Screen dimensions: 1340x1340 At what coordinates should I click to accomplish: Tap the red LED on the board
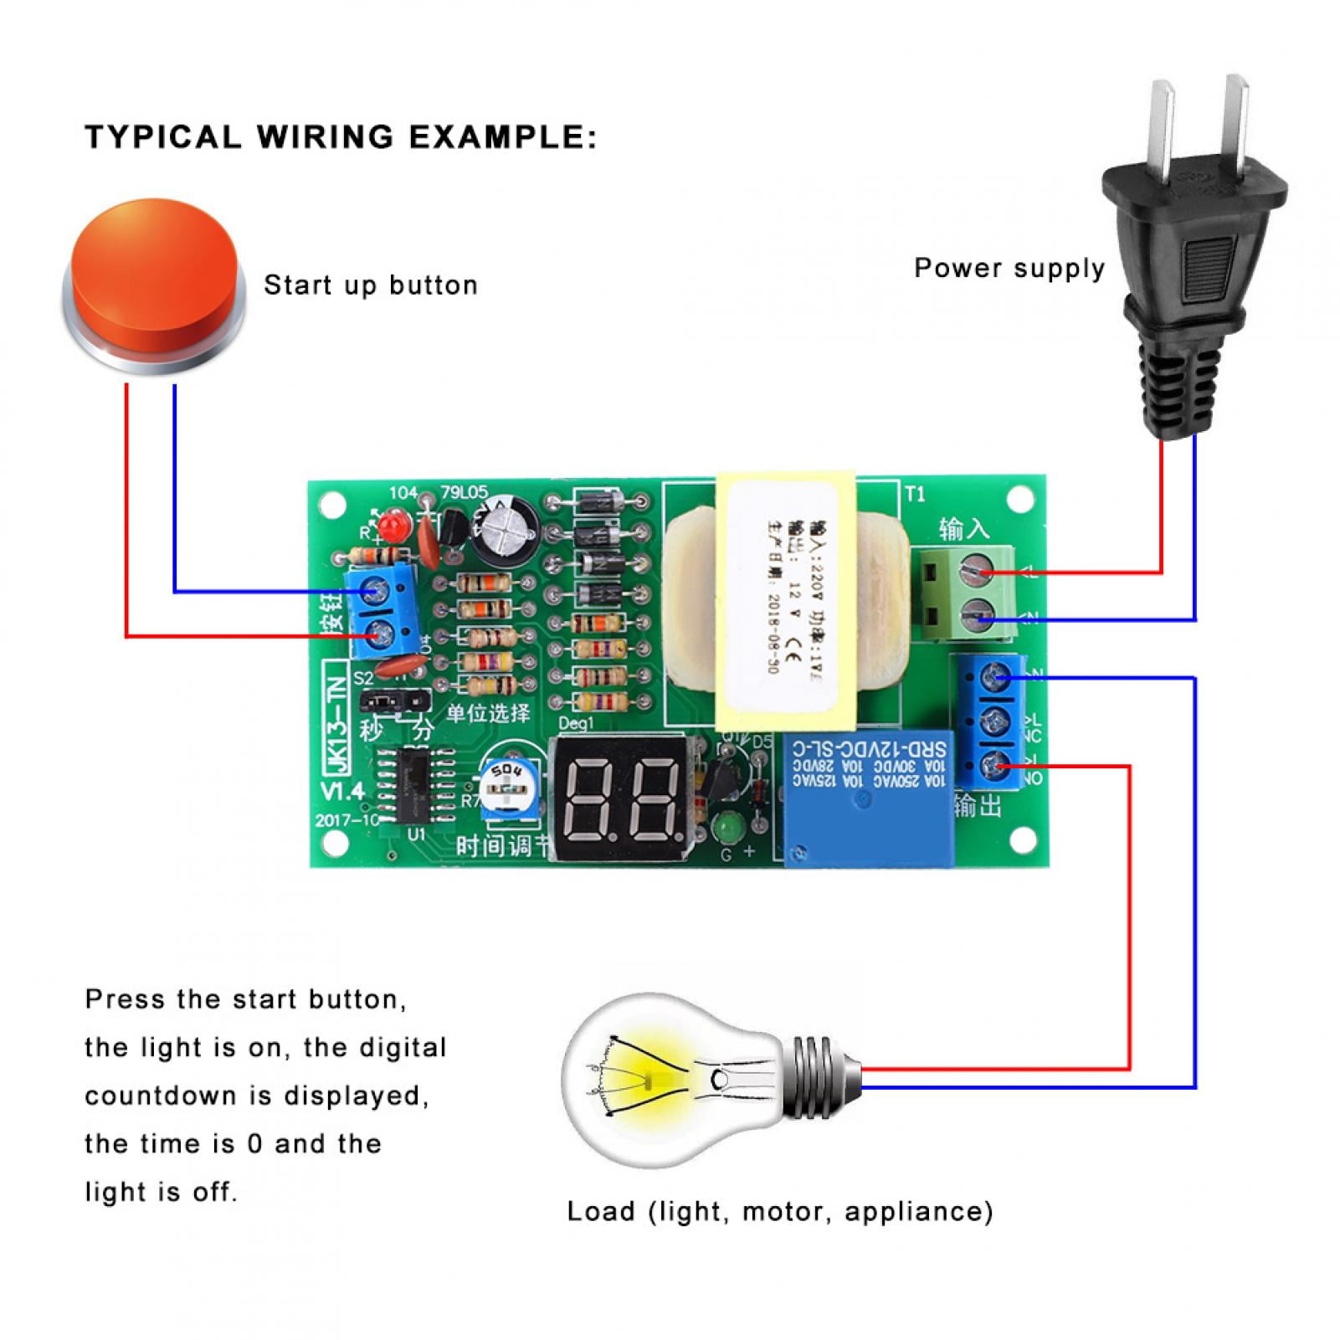391,526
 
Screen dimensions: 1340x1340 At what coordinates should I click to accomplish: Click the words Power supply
1009,269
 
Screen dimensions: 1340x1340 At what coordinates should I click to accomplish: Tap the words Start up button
371,285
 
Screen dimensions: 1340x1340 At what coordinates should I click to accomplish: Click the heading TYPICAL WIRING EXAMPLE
341,137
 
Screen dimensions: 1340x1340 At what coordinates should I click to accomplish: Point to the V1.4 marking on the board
342,791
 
